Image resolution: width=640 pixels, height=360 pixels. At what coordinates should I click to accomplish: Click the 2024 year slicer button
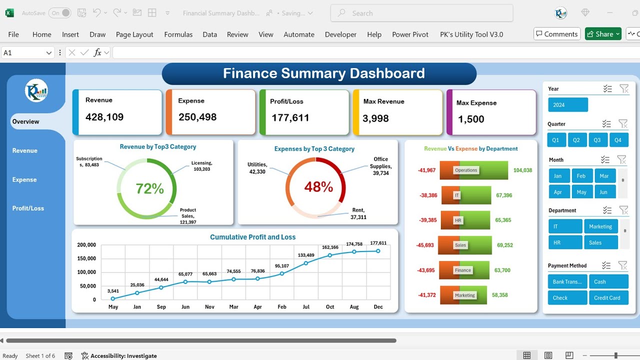(x=568, y=105)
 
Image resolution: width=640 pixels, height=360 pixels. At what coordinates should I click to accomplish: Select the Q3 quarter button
(x=597, y=140)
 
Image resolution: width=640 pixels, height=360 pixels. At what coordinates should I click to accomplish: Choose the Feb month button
(x=581, y=176)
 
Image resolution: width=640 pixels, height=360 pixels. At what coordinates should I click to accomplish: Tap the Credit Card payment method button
(x=607, y=298)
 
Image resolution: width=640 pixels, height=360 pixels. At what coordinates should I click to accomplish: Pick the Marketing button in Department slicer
(x=600, y=226)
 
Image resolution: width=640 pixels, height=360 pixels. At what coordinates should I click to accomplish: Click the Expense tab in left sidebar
(x=24, y=179)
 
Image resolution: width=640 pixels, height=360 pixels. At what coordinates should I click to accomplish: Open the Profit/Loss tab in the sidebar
(x=28, y=208)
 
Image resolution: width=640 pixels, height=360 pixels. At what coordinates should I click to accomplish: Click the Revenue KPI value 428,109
(x=104, y=117)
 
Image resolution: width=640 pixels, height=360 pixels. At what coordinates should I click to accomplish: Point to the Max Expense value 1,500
(x=471, y=119)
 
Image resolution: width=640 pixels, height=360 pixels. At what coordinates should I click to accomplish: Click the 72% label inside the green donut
(x=150, y=188)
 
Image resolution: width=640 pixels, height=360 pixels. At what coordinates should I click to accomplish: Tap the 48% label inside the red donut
(x=318, y=187)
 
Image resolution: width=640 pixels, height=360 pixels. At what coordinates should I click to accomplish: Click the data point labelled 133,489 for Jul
(x=306, y=263)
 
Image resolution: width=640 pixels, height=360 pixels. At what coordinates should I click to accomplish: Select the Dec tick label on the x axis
(x=378, y=306)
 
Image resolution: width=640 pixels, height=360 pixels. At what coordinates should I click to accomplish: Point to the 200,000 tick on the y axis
(x=86, y=245)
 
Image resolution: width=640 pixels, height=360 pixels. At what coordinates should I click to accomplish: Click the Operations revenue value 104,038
(x=522, y=170)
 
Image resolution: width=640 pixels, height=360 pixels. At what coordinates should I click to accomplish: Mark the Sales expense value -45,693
(x=425, y=245)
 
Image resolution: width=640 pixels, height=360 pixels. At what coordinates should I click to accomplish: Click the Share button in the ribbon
(x=603, y=34)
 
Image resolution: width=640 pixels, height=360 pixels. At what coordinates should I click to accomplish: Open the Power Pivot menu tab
(x=410, y=34)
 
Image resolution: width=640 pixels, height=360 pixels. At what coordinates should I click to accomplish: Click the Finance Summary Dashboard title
(x=323, y=73)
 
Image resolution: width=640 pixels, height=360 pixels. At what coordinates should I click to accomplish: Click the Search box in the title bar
(x=421, y=13)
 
